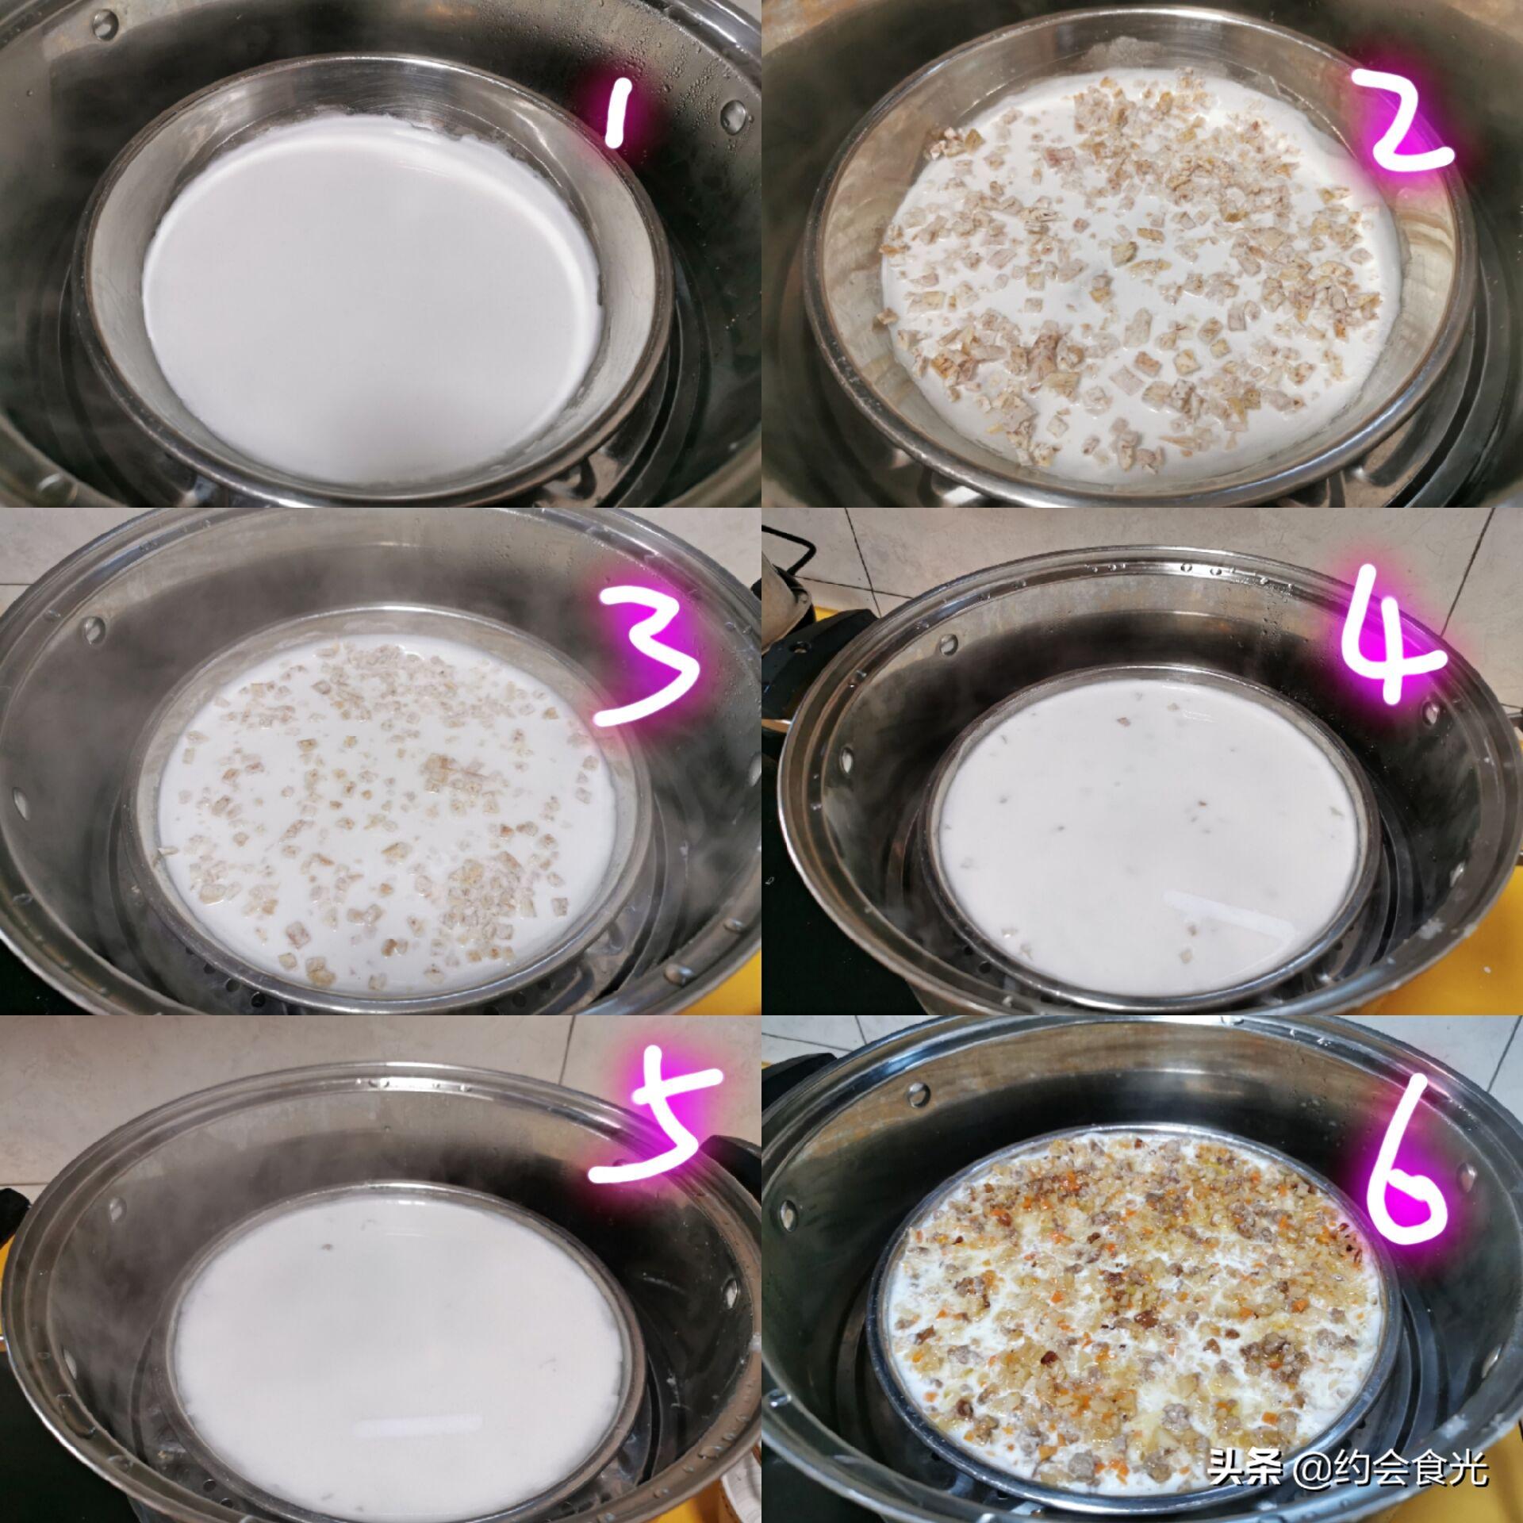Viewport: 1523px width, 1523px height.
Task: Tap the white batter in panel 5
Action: (397, 1301)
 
